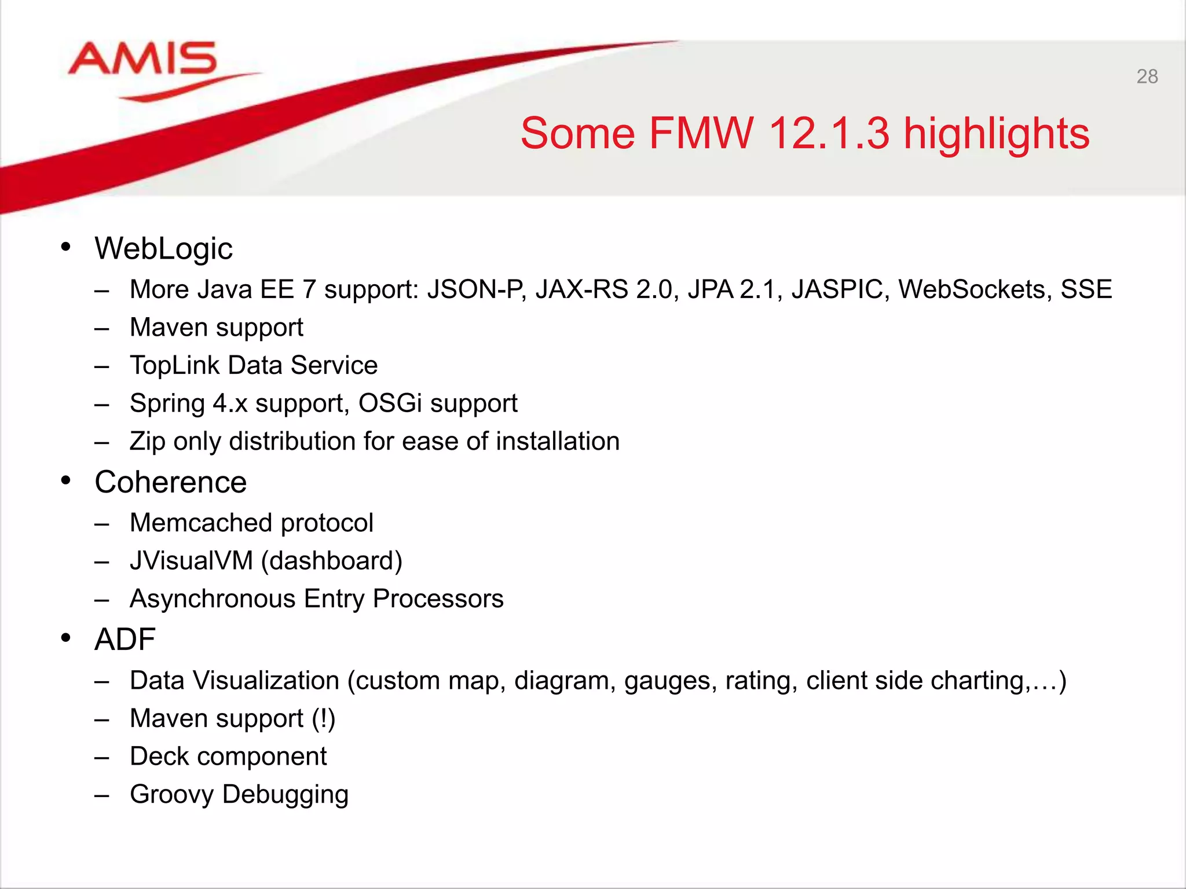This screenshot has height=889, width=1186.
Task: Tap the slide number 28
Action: pyautogui.click(x=1147, y=76)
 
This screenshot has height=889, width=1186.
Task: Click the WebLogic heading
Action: pyautogui.click(x=163, y=249)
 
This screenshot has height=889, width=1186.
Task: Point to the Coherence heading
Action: pyautogui.click(x=170, y=482)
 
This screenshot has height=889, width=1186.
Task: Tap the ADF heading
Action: pyautogui.click(x=125, y=640)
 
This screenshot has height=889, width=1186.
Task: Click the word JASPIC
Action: pyautogui.click(x=840, y=289)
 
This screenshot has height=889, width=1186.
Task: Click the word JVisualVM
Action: pyautogui.click(x=191, y=561)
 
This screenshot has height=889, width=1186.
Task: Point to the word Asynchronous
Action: pyautogui.click(x=213, y=599)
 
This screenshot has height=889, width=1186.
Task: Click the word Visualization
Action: pyautogui.click(x=266, y=681)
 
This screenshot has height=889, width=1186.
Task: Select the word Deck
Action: pyautogui.click(x=158, y=756)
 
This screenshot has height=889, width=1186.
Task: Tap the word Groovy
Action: pyautogui.click(x=171, y=795)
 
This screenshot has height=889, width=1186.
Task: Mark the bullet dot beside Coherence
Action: pyautogui.click(x=66, y=480)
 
